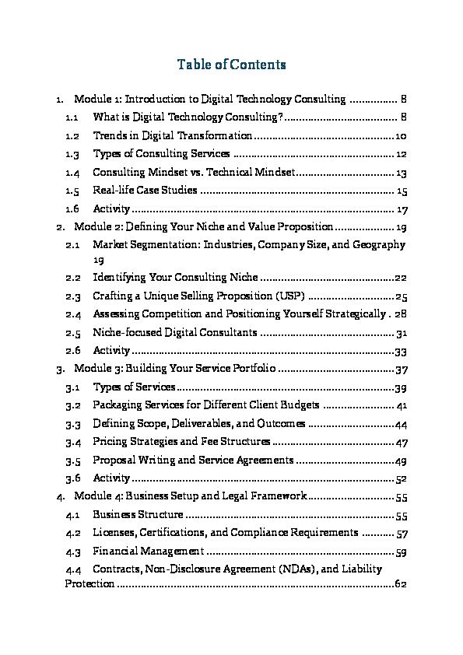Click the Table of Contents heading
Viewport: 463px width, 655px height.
coord(231,65)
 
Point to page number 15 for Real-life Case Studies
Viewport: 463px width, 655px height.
coord(402,191)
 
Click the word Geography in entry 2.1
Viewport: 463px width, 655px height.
coord(379,245)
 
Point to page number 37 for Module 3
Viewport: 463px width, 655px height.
coord(402,369)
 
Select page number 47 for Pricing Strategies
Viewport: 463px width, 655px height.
coord(402,442)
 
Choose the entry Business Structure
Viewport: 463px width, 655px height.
coord(138,514)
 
